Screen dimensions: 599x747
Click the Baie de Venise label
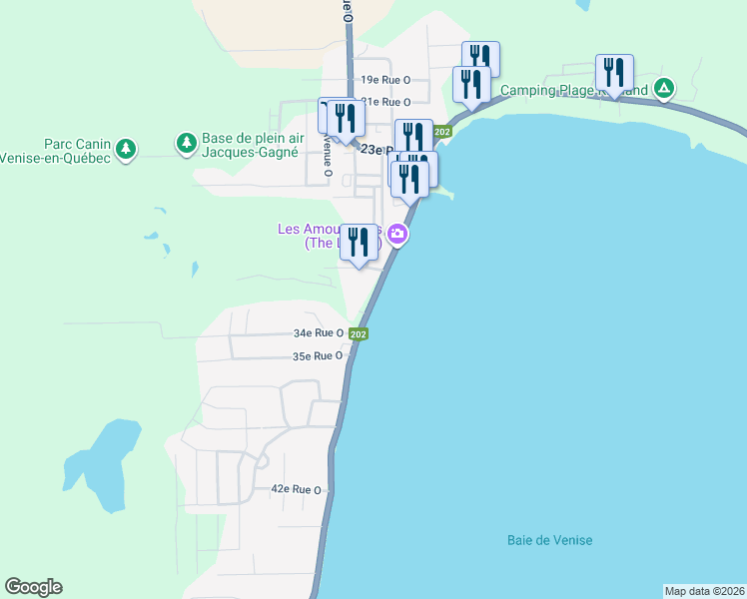click(549, 540)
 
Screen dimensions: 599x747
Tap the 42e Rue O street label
click(296, 489)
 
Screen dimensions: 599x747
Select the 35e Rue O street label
click(318, 355)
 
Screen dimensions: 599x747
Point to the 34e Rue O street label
click(319, 333)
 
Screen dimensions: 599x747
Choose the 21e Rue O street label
click(385, 102)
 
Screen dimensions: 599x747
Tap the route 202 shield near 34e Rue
click(361, 334)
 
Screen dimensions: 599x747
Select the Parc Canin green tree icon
click(125, 150)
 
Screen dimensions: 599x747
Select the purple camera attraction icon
click(398, 236)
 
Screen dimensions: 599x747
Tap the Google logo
click(33, 587)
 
